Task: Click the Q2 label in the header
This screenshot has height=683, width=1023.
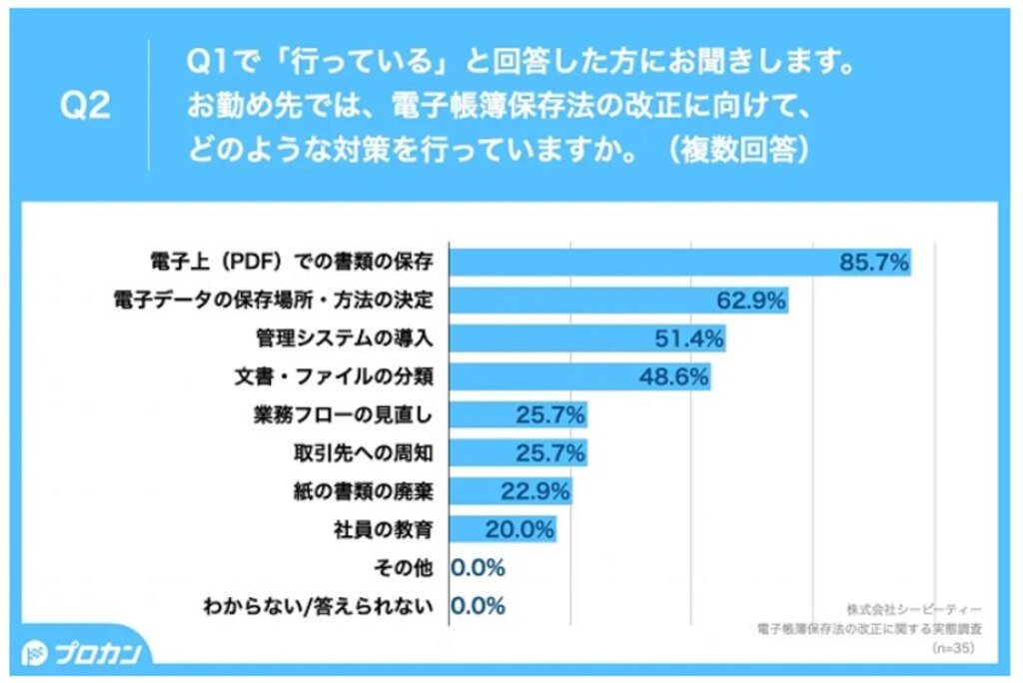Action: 85,107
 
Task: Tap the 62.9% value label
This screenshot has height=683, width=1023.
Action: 751,300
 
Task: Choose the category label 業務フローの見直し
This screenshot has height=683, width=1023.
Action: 349,415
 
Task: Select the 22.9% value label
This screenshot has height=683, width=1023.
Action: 534,491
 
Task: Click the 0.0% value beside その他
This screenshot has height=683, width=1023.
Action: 479,567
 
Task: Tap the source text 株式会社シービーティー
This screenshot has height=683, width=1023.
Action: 913,609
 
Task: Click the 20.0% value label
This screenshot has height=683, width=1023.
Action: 518,529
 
